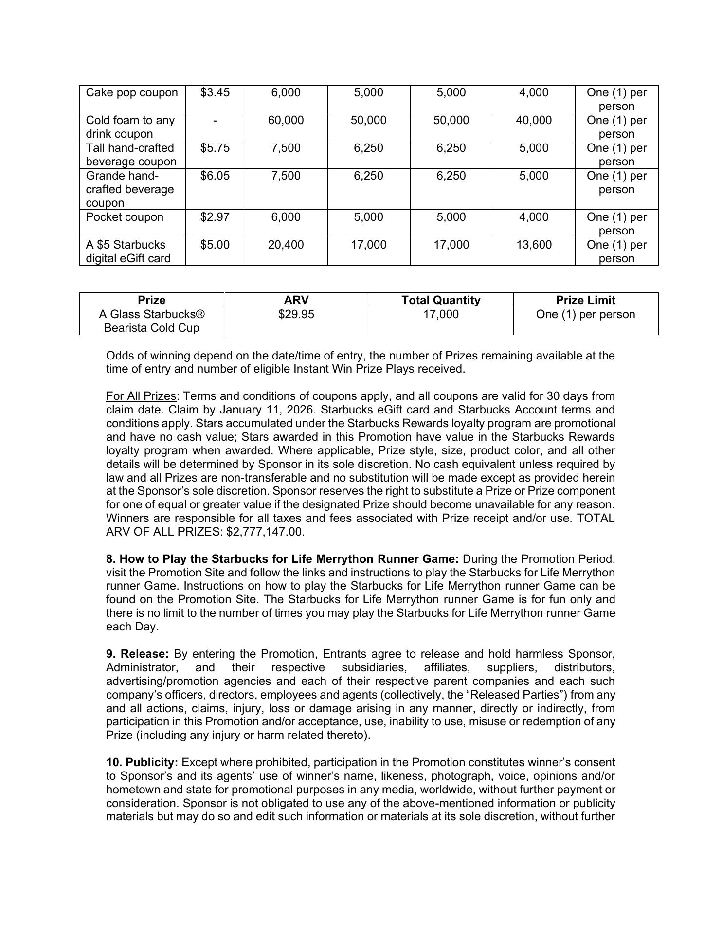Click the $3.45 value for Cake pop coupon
click(x=215, y=92)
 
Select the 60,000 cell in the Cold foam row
click(x=286, y=120)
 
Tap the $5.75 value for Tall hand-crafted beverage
click(x=215, y=148)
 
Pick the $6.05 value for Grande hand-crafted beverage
click(x=215, y=176)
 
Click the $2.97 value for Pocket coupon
click(x=215, y=217)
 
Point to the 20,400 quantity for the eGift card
click(x=286, y=245)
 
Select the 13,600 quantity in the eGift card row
click(x=534, y=245)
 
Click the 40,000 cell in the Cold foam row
click(x=534, y=120)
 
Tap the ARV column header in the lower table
click(x=296, y=300)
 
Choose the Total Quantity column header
click(x=441, y=300)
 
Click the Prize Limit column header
click(x=585, y=300)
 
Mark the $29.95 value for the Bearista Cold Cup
click(x=296, y=314)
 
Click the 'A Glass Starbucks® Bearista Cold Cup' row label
click(x=151, y=321)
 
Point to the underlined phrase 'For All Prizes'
click(x=141, y=396)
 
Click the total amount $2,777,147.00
click(x=265, y=532)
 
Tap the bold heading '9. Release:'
click(x=137, y=654)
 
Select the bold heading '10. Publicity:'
click(x=142, y=762)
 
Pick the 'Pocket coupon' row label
click(x=125, y=217)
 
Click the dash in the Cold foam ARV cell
click(x=215, y=120)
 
